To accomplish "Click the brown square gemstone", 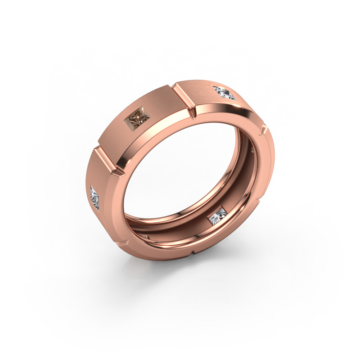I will (x=137, y=118).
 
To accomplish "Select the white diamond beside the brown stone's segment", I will (x=225, y=93).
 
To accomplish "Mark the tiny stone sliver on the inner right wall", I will (x=253, y=151).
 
